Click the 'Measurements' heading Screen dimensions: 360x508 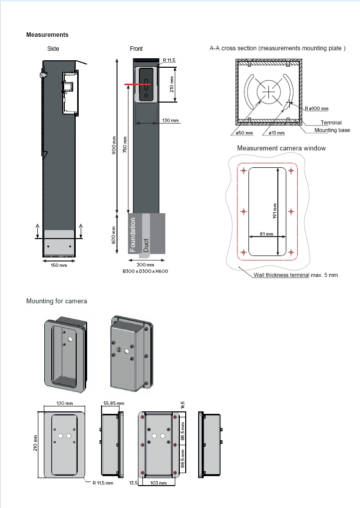coord(47,35)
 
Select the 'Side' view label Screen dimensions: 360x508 coord(53,49)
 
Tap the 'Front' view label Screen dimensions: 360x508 coord(136,49)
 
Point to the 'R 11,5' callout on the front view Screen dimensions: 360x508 coord(169,60)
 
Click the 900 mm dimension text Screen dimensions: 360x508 coord(114,145)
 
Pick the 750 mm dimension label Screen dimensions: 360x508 coord(125,144)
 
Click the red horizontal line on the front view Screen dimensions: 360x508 coord(137,85)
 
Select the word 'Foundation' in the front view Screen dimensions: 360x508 coord(132,235)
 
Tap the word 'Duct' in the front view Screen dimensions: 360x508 coord(146,245)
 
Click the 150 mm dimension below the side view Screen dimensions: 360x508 coord(59,265)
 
